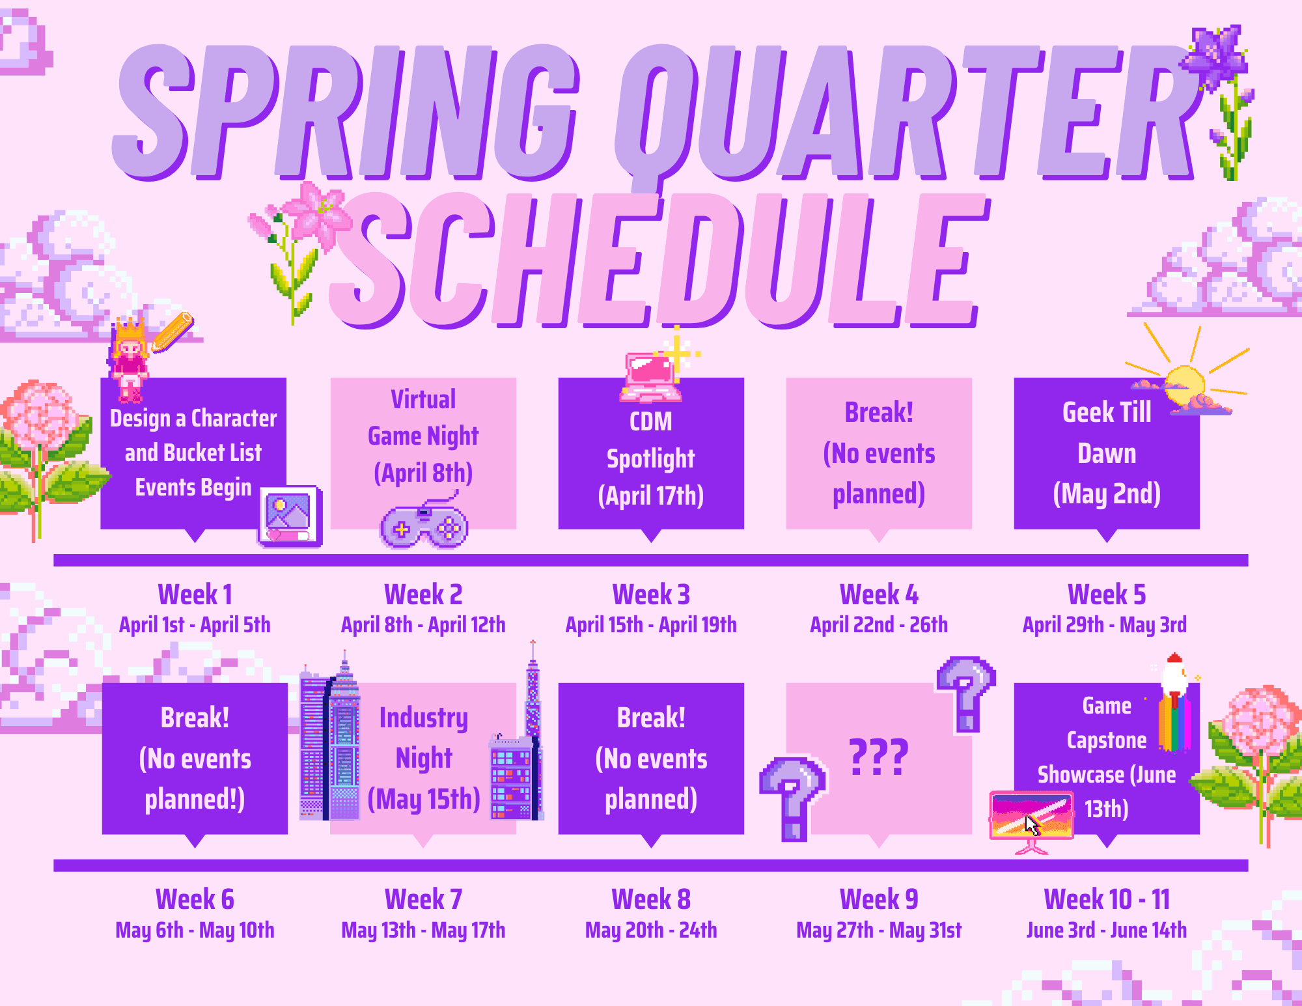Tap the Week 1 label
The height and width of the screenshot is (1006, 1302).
195,594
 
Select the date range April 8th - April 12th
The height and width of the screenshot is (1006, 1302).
423,625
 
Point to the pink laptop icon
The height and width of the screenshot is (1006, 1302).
651,376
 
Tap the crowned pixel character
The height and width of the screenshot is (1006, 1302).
129,358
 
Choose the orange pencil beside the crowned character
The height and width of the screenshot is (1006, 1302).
173,332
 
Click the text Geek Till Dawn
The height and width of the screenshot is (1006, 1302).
1107,432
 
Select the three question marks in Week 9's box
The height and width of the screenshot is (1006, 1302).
879,757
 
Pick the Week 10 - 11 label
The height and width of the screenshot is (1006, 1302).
1107,899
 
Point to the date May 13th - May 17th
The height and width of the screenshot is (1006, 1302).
423,930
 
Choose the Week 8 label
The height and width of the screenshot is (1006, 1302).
651,899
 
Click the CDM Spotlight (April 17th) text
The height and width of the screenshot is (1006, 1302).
651,458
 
